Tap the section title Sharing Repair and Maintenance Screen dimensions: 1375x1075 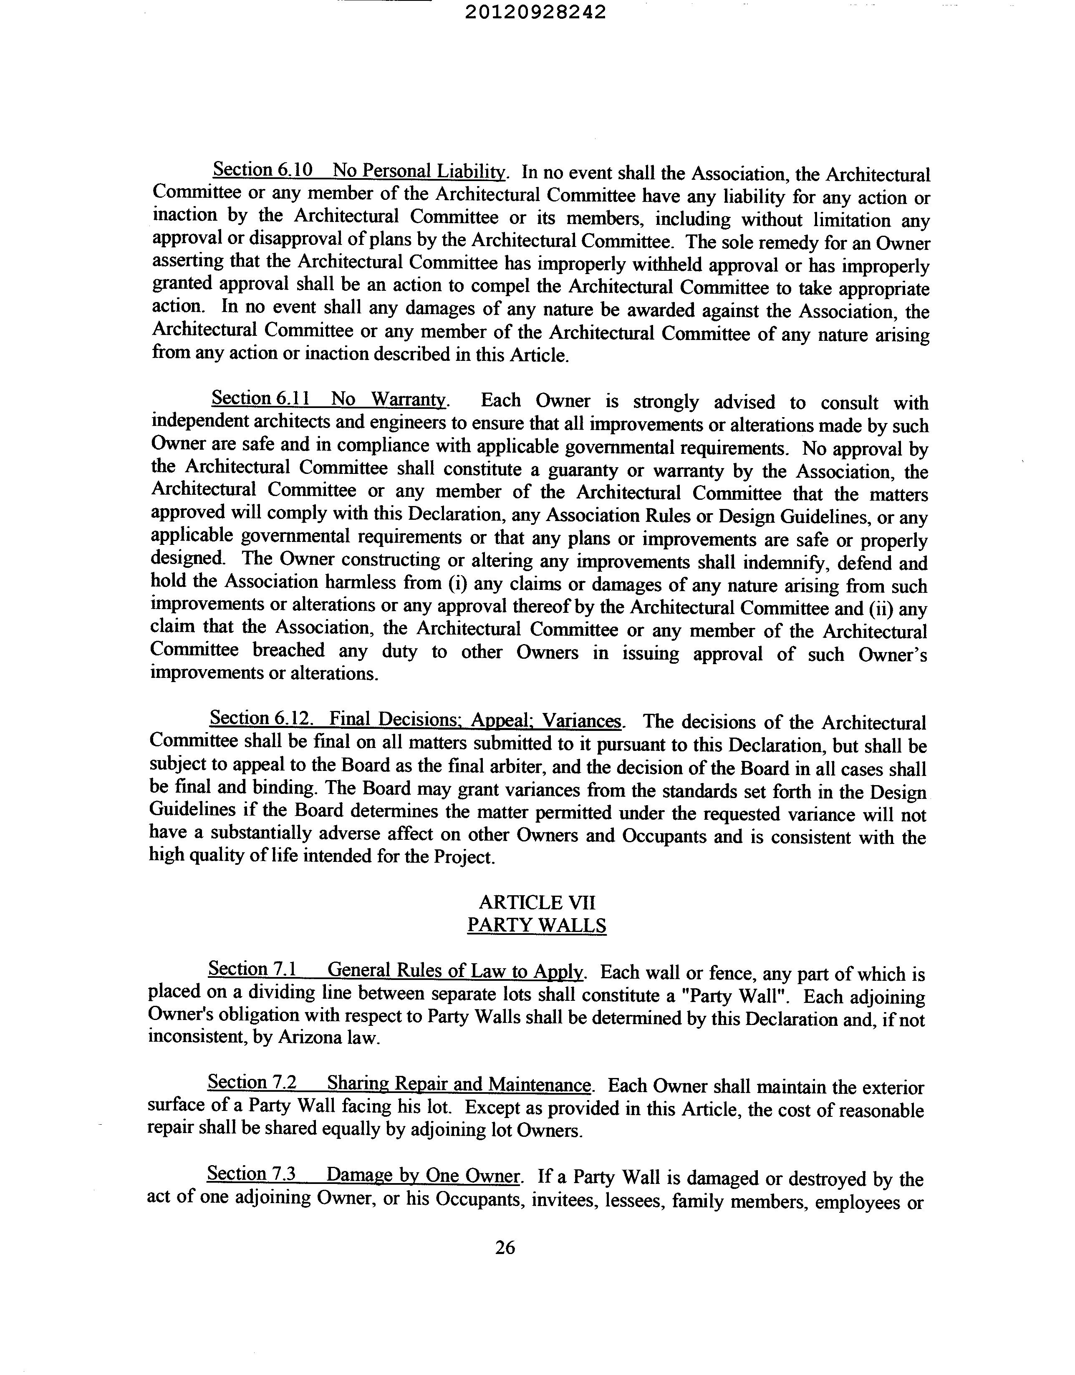(459, 1084)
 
